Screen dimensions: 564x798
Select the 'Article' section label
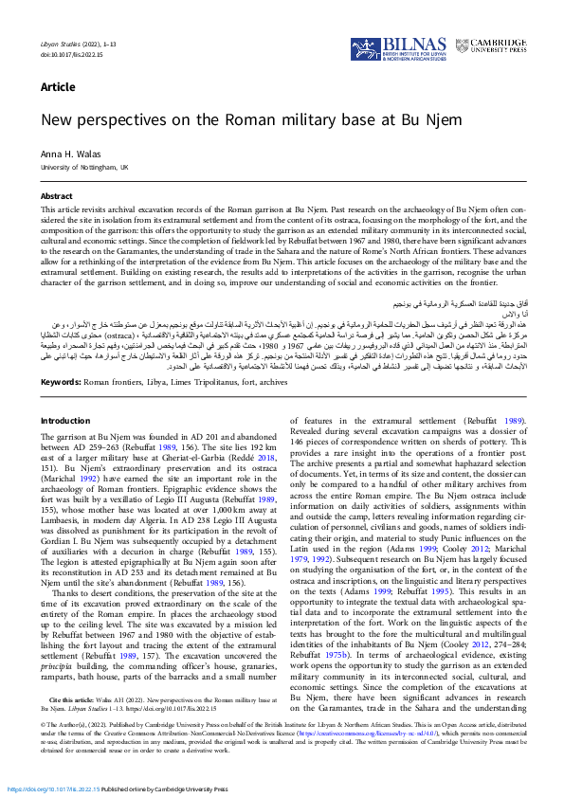click(58, 87)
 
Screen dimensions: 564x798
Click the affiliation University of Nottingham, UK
click(83, 167)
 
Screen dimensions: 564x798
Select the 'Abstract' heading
click(56, 196)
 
